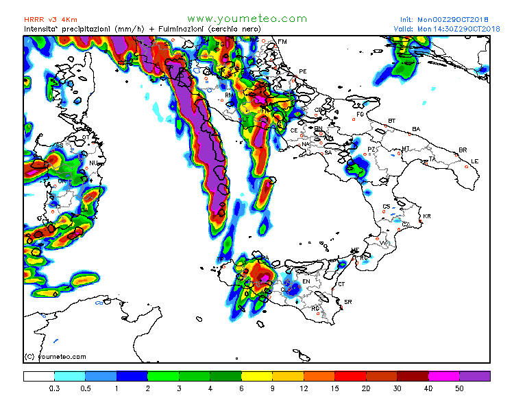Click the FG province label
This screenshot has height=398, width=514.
click(360, 115)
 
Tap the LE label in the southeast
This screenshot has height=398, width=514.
click(474, 161)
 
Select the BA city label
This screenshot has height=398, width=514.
click(416, 129)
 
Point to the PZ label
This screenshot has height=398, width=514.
click(371, 149)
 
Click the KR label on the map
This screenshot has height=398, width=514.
click(427, 217)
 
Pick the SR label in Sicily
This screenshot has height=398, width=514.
click(347, 302)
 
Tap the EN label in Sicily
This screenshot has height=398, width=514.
click(306, 281)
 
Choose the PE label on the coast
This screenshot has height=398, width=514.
click(303, 71)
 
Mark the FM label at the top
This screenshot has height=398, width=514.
click(282, 42)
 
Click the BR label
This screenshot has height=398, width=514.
click(463, 150)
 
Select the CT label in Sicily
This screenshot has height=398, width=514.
click(341, 283)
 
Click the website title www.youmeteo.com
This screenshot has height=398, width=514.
click(247, 19)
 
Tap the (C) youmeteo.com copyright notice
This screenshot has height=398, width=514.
click(55, 356)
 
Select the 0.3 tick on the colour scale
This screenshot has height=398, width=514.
click(54, 388)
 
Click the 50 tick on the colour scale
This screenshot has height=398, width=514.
click(459, 388)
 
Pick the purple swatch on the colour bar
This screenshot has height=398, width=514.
click(475, 376)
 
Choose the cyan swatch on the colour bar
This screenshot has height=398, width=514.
click(70, 376)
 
